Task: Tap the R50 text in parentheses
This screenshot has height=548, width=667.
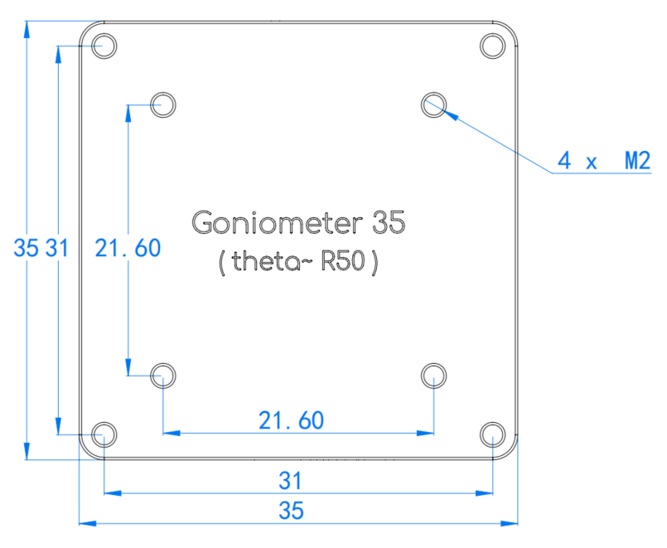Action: (x=343, y=260)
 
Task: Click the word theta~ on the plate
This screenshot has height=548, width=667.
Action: (x=273, y=260)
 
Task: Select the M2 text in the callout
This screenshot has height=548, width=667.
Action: (x=638, y=162)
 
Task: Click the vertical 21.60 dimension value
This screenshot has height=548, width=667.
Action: (x=128, y=248)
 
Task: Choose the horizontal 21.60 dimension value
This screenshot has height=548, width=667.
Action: (x=292, y=420)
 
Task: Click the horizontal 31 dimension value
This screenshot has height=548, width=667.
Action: (x=290, y=481)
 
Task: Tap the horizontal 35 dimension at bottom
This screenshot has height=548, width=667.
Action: (x=291, y=510)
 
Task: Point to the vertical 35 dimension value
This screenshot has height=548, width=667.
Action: (x=26, y=248)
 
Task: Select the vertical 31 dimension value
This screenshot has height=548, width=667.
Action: (x=57, y=248)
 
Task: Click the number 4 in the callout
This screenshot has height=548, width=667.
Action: (x=564, y=162)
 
